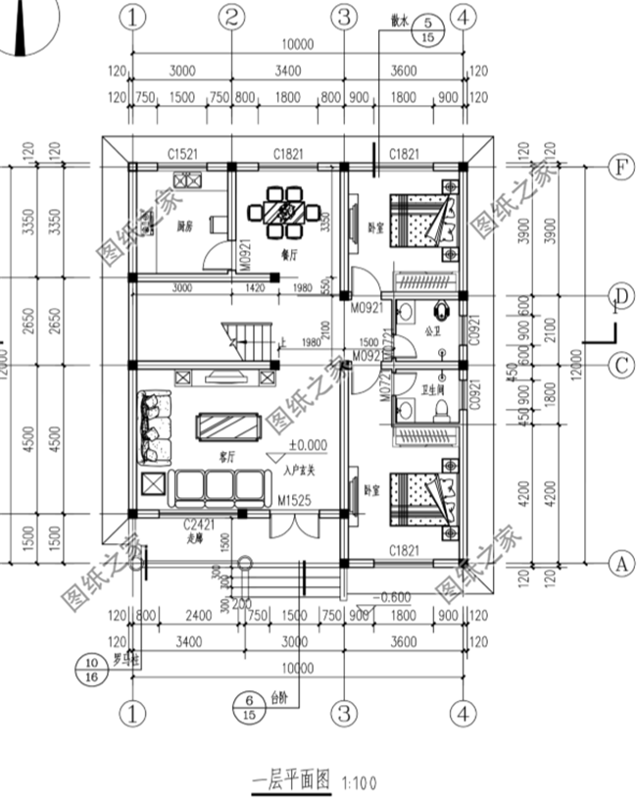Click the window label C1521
click(x=181, y=154)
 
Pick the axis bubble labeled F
click(x=618, y=168)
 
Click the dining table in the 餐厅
click(x=285, y=215)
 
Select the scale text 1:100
click(x=360, y=783)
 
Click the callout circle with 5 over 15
click(x=428, y=29)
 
